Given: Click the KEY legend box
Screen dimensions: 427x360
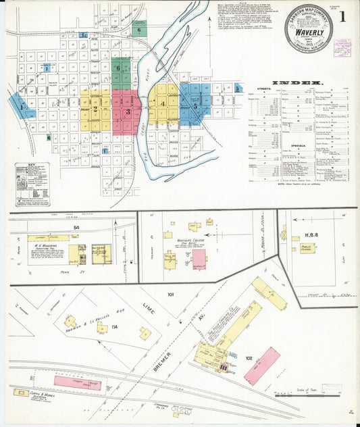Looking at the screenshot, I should point(32,184).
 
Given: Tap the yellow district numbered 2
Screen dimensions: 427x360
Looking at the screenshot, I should point(95,109).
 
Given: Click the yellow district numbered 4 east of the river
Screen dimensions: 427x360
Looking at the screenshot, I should point(163,103).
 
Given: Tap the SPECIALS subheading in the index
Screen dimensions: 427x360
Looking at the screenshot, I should point(271,145).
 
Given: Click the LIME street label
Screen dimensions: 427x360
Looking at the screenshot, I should point(149,310).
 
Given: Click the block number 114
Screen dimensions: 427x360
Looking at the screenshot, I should point(115,328).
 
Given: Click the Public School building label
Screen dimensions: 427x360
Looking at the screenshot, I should point(307,248).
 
